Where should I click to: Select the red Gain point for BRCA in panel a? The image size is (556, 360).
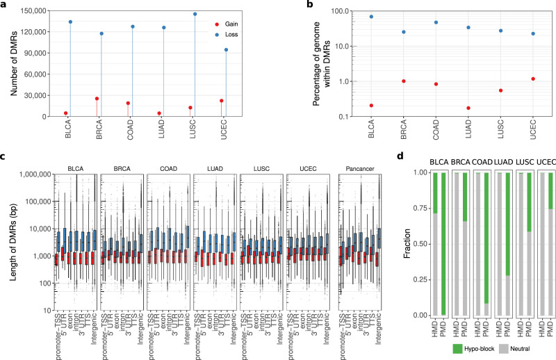97,99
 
